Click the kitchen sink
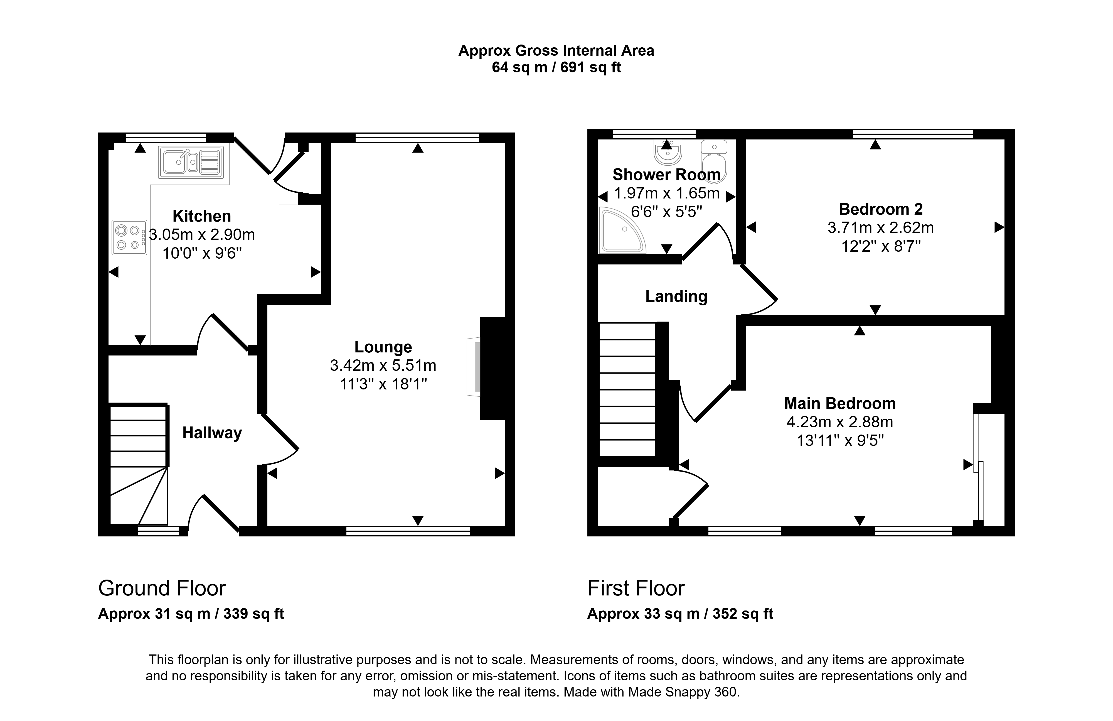point(191,162)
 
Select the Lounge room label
point(383,347)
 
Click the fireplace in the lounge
point(474,367)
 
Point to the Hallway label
point(212,433)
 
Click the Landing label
point(676,296)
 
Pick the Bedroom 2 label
point(881,209)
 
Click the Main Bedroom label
point(840,403)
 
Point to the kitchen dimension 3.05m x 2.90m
point(202,234)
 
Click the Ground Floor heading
point(162,588)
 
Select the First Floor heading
point(636,588)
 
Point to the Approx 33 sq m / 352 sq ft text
point(680,614)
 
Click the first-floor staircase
point(627,389)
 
